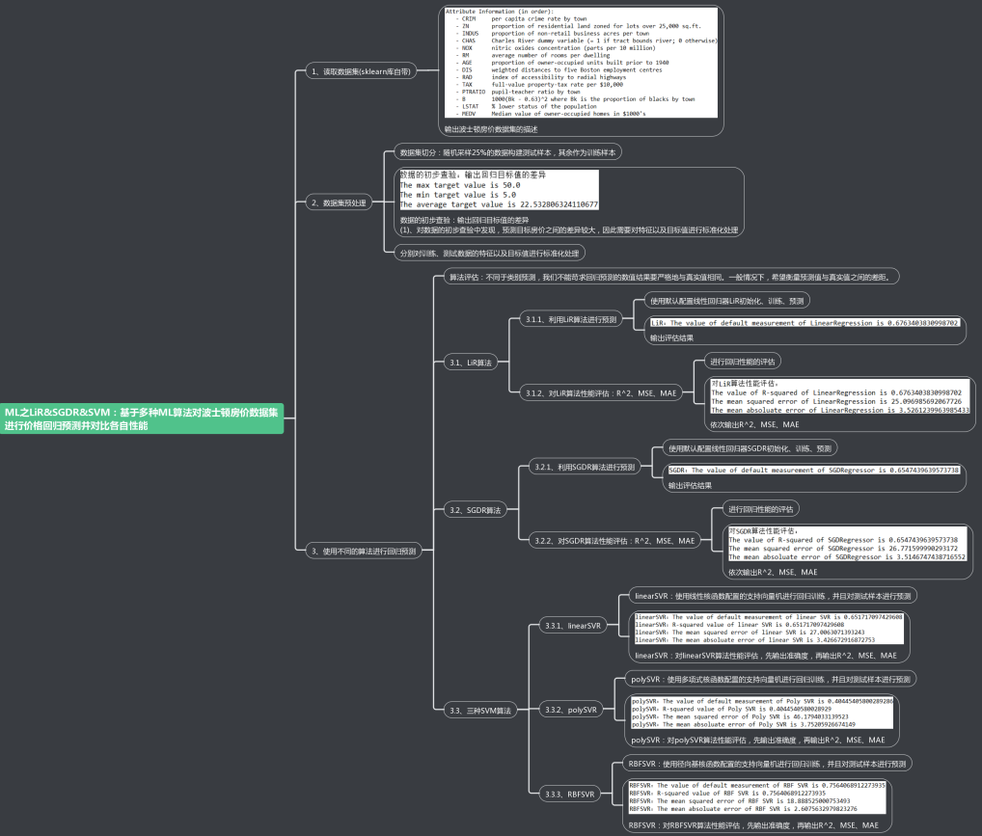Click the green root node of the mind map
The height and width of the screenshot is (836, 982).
pyautogui.click(x=143, y=418)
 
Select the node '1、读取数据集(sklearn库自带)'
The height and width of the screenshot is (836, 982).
pyautogui.click(x=353, y=71)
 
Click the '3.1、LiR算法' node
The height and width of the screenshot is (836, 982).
pyautogui.click(x=470, y=363)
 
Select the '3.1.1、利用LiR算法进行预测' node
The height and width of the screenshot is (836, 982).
pyautogui.click(x=570, y=318)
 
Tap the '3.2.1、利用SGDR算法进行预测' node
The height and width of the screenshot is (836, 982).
pyautogui.click(x=585, y=467)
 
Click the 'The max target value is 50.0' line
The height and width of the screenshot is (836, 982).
pyautogui.click(x=460, y=184)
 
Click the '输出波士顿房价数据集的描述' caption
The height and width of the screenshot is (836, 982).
pyautogui.click(x=490, y=128)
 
